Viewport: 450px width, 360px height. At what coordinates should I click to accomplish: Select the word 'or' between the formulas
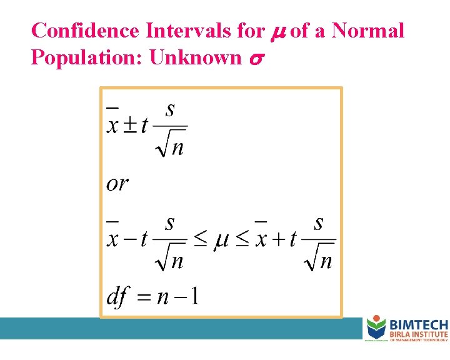pyautogui.click(x=117, y=183)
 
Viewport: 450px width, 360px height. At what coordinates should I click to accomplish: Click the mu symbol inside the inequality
pyautogui.click(x=221, y=241)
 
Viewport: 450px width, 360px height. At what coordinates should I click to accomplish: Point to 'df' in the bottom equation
pyautogui.click(x=118, y=296)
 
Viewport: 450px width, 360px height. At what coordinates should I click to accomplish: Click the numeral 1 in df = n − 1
pyautogui.click(x=194, y=295)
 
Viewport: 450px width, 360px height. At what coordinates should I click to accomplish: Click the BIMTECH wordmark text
pyautogui.click(x=418, y=324)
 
